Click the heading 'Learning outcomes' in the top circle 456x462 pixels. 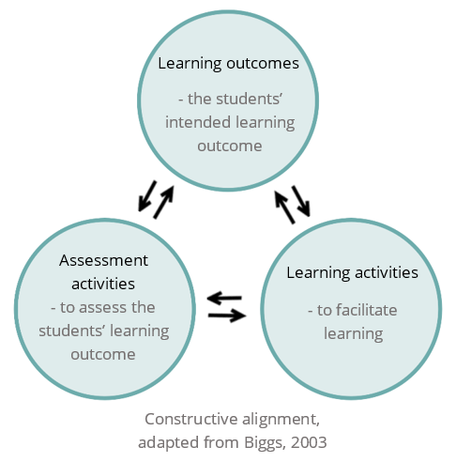point(228,64)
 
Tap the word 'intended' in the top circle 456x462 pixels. point(198,122)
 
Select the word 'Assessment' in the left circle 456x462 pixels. point(103,260)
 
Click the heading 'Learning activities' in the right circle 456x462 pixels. point(352,273)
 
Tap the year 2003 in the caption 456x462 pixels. point(309,442)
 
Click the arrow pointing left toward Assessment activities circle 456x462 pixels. point(224,298)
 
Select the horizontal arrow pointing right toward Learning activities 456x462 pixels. point(227,316)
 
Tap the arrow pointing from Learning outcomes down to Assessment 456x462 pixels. point(147,196)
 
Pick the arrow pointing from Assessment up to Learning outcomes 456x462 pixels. point(163,202)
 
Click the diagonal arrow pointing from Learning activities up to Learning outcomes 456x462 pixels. point(284,208)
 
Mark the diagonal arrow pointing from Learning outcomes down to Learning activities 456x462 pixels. point(301,201)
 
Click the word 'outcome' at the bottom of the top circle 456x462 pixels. point(230,146)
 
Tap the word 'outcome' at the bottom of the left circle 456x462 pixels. point(103,355)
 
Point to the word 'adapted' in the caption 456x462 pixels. point(169,443)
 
